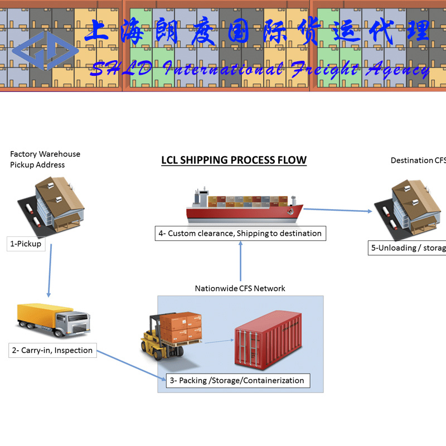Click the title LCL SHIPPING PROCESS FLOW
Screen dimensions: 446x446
coord(234,161)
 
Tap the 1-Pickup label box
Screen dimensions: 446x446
coord(26,244)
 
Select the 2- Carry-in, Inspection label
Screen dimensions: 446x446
coord(52,351)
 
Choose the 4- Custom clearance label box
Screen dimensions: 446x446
coord(240,234)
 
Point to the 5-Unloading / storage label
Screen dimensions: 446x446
coord(408,248)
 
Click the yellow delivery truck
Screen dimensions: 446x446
coord(54,320)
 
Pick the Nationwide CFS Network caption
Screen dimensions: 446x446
coord(240,288)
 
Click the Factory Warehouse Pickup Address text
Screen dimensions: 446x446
coord(45,159)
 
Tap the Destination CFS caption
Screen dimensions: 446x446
coord(418,161)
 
